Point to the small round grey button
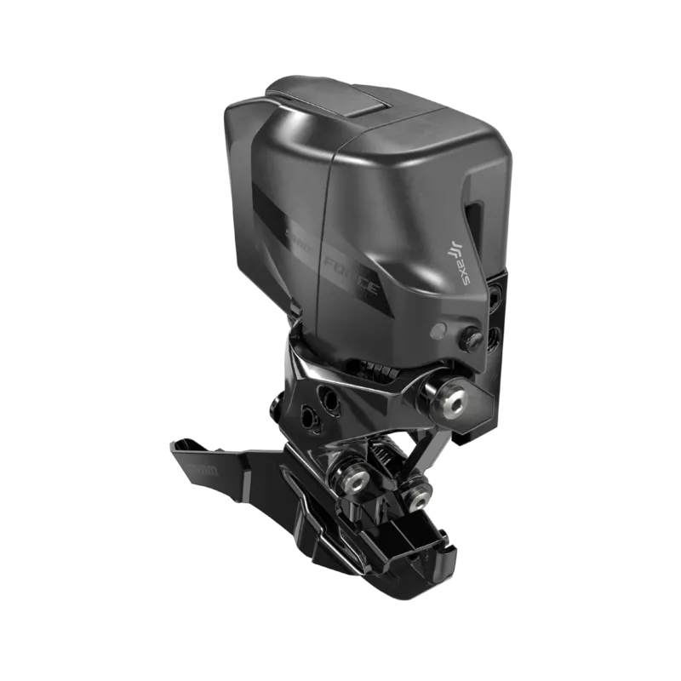tap(438, 330)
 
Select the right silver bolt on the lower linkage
tap(417, 491)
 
